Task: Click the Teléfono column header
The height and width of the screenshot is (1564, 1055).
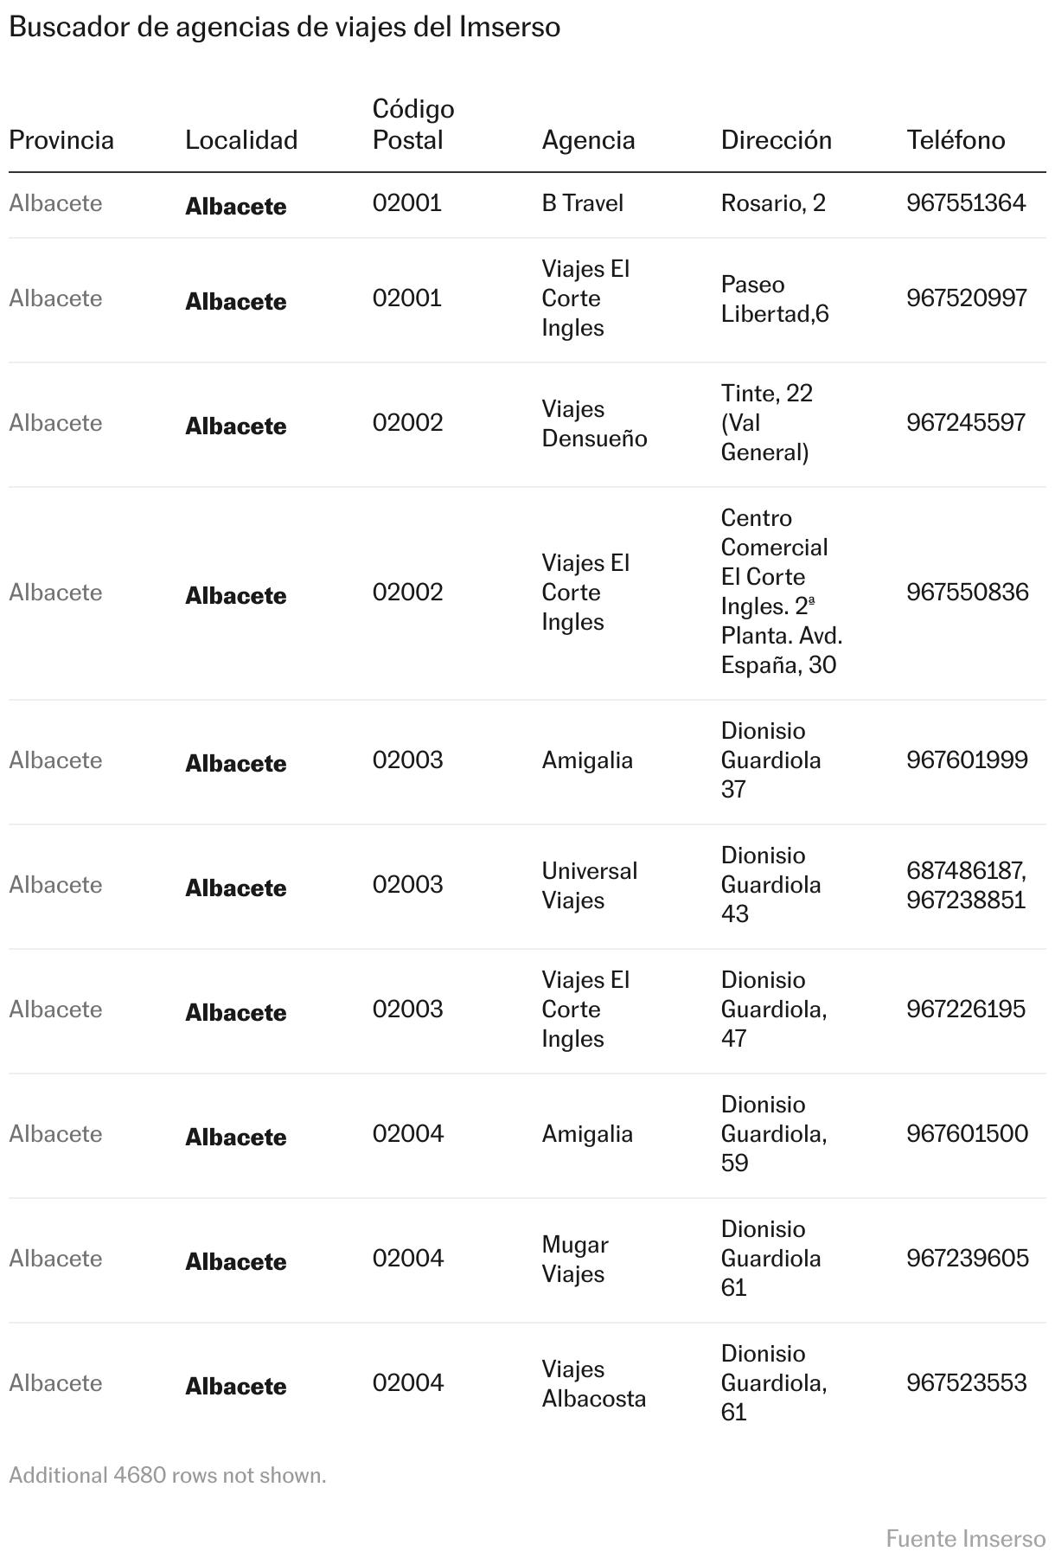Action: [956, 140]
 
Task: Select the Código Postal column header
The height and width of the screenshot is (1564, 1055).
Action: [412, 125]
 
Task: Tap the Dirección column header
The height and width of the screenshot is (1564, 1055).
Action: [776, 140]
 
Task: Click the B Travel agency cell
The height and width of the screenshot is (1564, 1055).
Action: [582, 203]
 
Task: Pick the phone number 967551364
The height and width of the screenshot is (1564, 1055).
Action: [966, 203]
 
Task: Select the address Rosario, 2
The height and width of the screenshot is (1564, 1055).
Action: [773, 203]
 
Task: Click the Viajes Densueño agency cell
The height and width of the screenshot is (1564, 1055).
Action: [594, 424]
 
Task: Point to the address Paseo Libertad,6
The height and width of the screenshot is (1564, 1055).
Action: [774, 299]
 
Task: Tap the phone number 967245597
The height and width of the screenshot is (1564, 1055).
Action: [966, 423]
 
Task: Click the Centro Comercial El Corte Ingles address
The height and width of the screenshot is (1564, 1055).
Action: [781, 592]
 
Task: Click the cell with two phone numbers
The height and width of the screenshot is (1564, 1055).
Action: [966, 885]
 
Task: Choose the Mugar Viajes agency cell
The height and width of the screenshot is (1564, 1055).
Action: [575, 1259]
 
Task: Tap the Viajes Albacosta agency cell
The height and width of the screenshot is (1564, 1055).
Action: [593, 1383]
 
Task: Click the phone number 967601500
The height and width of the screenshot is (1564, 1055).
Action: [967, 1134]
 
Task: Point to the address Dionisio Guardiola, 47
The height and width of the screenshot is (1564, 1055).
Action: [773, 1010]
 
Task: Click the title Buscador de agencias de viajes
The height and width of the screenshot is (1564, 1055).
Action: [285, 28]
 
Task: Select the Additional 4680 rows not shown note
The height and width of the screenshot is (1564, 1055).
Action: [168, 1475]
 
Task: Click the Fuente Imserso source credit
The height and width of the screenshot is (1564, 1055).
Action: [965, 1539]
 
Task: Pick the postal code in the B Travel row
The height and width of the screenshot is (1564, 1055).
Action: [406, 203]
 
